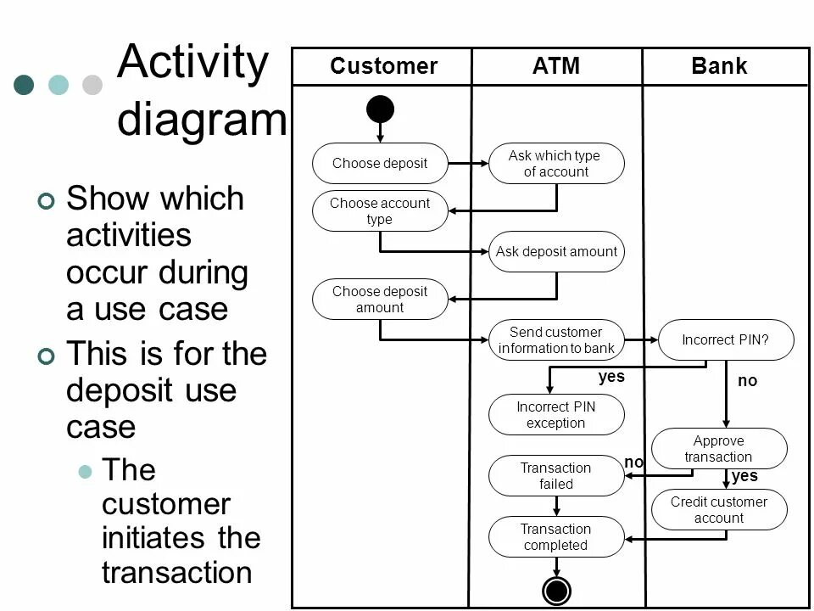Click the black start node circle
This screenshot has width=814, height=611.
pyautogui.click(x=380, y=109)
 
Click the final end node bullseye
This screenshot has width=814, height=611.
pyautogui.click(x=557, y=591)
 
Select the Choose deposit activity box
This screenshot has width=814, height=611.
pyautogui.click(x=380, y=163)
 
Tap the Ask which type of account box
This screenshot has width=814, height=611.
pyautogui.click(x=556, y=163)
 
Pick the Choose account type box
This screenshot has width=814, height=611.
pyautogui.click(x=380, y=211)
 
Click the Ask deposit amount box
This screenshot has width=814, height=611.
pyautogui.click(x=556, y=251)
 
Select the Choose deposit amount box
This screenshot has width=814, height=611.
pyautogui.click(x=380, y=300)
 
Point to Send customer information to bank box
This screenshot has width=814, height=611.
pyautogui.click(x=556, y=339)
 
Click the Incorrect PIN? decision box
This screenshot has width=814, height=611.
pyautogui.click(x=726, y=339)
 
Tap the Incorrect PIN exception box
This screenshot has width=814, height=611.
pyautogui.click(x=556, y=415)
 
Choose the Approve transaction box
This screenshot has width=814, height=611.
pyautogui.click(x=719, y=449)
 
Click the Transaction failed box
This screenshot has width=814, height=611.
pyautogui.click(x=556, y=476)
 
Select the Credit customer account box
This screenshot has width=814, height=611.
pyautogui.click(x=719, y=510)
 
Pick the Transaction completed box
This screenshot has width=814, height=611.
pyautogui.click(x=556, y=537)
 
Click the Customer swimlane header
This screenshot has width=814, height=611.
pyautogui.click(x=383, y=66)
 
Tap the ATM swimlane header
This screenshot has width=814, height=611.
pyautogui.click(x=556, y=66)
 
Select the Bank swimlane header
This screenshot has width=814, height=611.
pyautogui.click(x=719, y=66)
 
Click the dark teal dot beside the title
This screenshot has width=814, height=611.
pyautogui.click(x=25, y=84)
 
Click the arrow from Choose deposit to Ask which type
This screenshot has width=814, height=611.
pyautogui.click(x=468, y=163)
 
